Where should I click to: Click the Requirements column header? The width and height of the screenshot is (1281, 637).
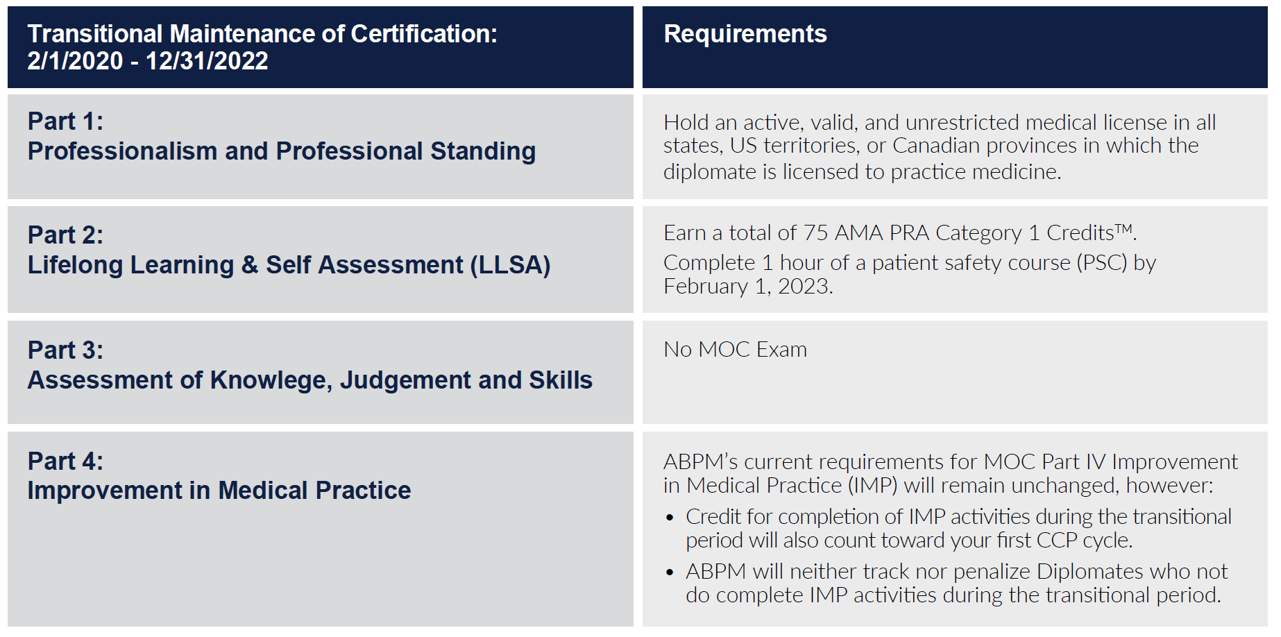(x=745, y=34)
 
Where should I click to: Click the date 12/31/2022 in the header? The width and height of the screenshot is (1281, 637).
(x=207, y=61)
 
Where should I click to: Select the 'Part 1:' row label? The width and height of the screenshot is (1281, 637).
(x=65, y=121)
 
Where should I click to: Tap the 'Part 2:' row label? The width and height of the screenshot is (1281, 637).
(x=65, y=235)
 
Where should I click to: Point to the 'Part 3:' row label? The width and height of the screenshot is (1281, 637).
(x=65, y=350)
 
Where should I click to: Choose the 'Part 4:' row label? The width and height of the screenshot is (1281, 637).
(x=65, y=461)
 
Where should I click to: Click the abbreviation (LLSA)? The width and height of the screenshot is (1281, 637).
(x=511, y=265)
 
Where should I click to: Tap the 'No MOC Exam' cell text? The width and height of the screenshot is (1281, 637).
(x=736, y=349)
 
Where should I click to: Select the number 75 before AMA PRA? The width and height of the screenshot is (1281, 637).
(x=815, y=233)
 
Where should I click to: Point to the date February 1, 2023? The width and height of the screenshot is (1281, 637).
(x=748, y=287)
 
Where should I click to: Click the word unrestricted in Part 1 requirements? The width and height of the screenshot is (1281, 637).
(x=962, y=123)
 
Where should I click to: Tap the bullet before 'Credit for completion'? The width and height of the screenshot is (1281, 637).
(x=670, y=518)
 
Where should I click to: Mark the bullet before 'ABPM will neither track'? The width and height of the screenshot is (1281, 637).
(x=670, y=572)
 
